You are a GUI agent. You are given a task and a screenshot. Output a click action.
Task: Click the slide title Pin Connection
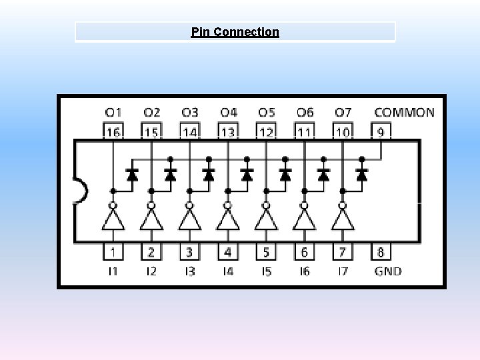tap(235, 32)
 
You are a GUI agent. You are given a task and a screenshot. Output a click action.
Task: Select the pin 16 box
tap(113, 131)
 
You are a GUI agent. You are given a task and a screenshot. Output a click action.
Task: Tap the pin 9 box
tap(380, 131)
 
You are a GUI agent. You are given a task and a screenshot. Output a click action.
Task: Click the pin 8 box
tap(380, 252)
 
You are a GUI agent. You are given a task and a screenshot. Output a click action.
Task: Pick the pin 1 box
tap(113, 252)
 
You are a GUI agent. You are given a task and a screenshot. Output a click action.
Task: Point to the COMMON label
tap(404, 113)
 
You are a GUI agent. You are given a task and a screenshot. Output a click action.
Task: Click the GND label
tap(387, 271)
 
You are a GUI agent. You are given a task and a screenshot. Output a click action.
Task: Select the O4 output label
tap(228, 113)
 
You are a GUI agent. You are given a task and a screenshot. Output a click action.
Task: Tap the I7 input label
tap(343, 271)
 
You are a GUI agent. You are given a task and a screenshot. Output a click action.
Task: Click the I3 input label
tap(190, 271)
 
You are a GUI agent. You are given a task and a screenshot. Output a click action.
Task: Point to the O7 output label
tap(343, 113)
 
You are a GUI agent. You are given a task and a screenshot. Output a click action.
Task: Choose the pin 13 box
tap(228, 131)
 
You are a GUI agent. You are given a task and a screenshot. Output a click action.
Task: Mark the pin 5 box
tap(266, 252)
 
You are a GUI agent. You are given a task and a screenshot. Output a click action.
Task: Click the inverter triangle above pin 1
tap(113, 219)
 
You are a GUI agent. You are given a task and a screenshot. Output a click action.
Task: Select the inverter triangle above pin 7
tap(343, 219)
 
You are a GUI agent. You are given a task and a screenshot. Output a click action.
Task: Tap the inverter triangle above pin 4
tap(228, 219)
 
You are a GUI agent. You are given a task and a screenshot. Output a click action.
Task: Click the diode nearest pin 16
tap(132, 175)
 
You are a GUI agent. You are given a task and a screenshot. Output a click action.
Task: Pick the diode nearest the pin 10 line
tap(362, 175)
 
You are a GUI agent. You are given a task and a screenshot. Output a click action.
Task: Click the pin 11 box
tap(304, 131)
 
